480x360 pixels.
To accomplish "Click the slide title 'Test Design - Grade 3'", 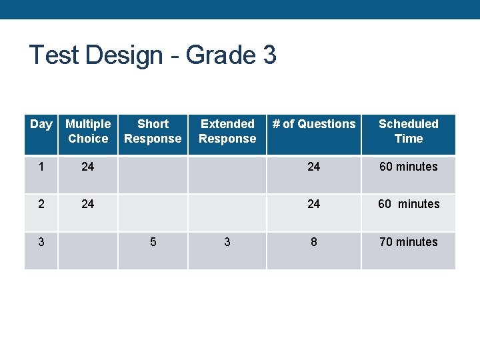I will tap(153, 55).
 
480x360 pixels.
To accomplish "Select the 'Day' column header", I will tap(41, 124).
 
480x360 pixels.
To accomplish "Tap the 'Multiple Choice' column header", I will tap(88, 131).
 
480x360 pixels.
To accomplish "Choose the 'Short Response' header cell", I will tap(153, 131).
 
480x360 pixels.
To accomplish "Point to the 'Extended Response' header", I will tap(227, 131).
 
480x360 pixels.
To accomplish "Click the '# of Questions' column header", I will tap(314, 124).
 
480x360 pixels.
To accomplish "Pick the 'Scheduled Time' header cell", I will tap(409, 131).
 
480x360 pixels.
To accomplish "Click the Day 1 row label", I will tap(41, 167).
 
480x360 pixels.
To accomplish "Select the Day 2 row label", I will tap(41, 204).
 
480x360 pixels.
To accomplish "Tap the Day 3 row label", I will tap(41, 242).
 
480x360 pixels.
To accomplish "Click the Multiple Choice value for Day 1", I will tap(88, 167).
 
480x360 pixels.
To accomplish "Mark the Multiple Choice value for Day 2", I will tap(88, 204).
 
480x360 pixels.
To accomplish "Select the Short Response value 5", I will tap(153, 242).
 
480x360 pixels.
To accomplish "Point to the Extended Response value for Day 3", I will tap(227, 242).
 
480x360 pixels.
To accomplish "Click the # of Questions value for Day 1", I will tap(314, 167).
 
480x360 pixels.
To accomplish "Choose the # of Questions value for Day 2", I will tap(314, 204).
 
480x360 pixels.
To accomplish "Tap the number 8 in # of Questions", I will tap(314, 242).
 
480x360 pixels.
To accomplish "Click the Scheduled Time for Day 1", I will tap(409, 167).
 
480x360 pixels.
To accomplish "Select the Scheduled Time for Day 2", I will tap(409, 204).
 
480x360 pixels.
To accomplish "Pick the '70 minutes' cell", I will tap(409, 242).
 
